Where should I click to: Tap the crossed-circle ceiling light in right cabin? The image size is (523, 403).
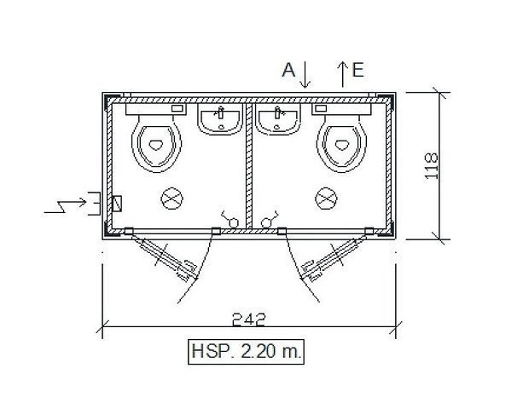pos(326,199)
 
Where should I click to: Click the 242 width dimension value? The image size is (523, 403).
pos(249,320)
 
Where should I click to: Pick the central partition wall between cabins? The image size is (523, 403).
pos(249,162)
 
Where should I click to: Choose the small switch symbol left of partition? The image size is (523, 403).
pos(229,221)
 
